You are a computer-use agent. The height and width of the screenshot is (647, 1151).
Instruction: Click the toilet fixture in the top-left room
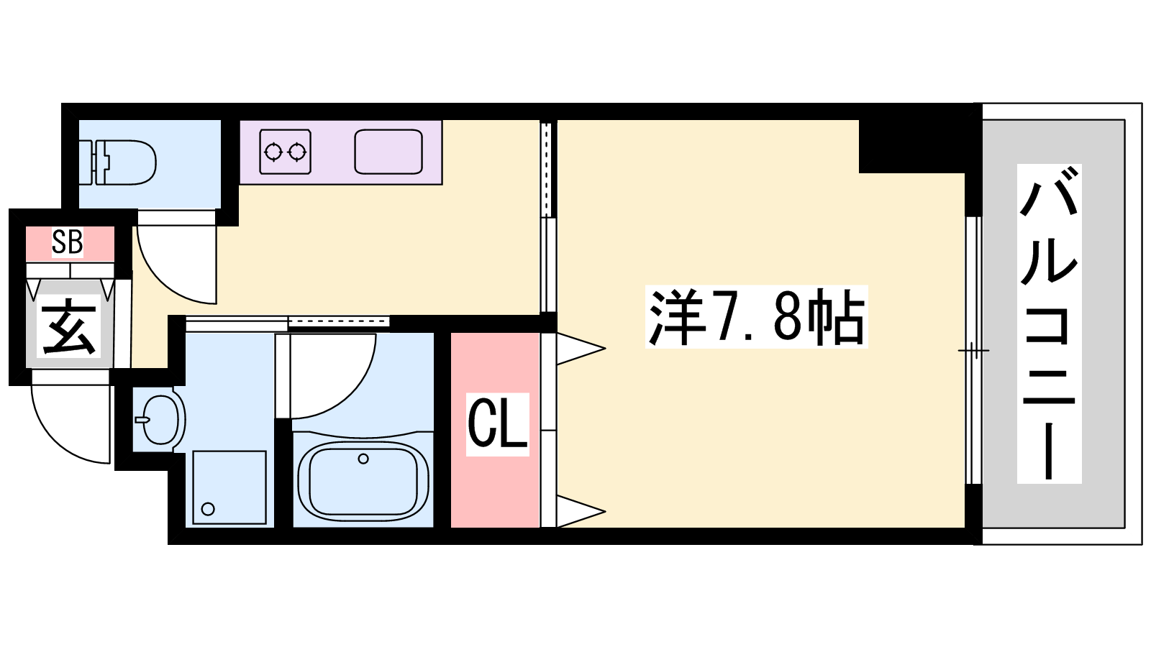123,162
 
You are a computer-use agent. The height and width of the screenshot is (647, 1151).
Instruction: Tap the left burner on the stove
273,152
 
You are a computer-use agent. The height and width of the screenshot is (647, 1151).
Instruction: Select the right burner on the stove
298,152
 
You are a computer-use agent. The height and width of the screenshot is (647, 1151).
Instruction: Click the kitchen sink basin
388,152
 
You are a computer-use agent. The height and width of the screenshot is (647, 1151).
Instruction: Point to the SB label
68,243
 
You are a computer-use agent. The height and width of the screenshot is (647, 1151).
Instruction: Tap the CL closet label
497,424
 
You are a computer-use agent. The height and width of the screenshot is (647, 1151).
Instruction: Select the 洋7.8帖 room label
756,317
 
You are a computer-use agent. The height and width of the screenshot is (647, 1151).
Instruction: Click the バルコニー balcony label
1050,323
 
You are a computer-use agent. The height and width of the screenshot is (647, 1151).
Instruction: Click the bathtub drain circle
363,459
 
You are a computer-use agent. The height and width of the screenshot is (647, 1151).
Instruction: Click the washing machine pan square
229,487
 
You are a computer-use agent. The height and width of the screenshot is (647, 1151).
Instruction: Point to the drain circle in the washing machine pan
208,509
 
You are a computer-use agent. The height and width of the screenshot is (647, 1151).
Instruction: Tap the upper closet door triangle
581,349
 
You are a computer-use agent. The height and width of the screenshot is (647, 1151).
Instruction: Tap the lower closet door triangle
581,511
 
